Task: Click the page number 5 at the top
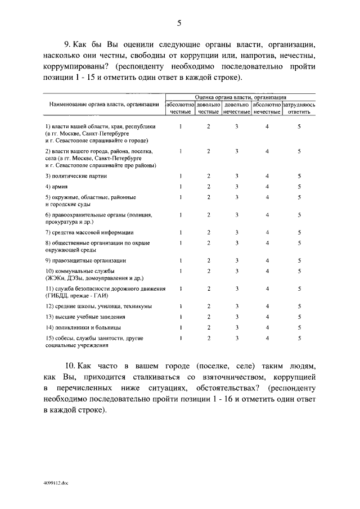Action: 179,23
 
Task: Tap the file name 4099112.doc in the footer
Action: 55,483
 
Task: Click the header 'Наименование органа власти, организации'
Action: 103,105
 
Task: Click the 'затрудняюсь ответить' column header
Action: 299,109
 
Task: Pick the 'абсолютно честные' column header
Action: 180,109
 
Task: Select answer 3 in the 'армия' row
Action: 237,186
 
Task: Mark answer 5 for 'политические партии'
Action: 299,176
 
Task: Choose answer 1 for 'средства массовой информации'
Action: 180,232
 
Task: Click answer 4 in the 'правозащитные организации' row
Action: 267,260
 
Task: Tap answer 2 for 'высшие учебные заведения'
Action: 208,317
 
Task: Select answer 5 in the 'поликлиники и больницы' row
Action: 299,327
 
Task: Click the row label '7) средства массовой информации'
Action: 89,232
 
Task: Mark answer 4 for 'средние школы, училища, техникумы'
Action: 267,306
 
